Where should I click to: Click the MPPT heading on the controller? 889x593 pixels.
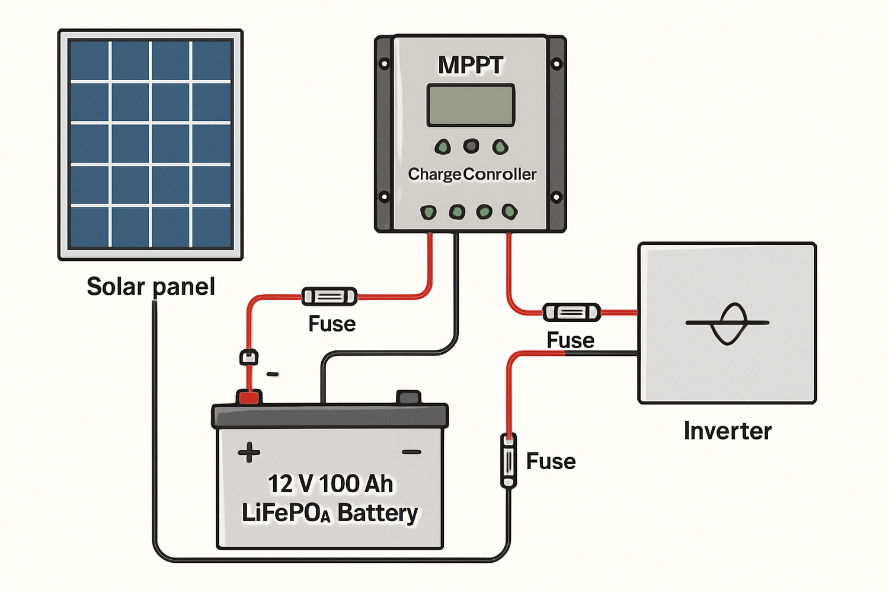click(471, 65)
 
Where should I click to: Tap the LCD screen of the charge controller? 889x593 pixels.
click(471, 105)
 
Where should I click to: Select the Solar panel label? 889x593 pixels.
click(151, 286)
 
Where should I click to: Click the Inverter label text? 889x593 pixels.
click(727, 431)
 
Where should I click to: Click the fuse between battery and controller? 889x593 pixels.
click(330, 296)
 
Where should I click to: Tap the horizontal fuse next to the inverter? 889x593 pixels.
click(572, 312)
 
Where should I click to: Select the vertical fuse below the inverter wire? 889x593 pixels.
click(509, 461)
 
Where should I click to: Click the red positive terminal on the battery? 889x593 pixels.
click(249, 397)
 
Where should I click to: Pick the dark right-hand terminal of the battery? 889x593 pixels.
click(408, 397)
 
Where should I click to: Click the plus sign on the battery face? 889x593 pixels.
click(249, 452)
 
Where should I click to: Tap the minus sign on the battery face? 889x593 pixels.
click(411, 452)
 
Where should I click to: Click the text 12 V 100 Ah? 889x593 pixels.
click(330, 484)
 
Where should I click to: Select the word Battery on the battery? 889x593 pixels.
click(378, 512)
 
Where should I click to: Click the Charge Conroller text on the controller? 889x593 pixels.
click(472, 174)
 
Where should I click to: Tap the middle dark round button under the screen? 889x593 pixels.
click(471, 145)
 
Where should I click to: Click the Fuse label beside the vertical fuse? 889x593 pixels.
click(551, 461)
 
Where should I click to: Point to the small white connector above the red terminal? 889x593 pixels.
click(249, 357)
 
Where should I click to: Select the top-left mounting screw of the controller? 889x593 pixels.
click(384, 63)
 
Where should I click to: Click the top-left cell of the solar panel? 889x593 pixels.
click(89, 60)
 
